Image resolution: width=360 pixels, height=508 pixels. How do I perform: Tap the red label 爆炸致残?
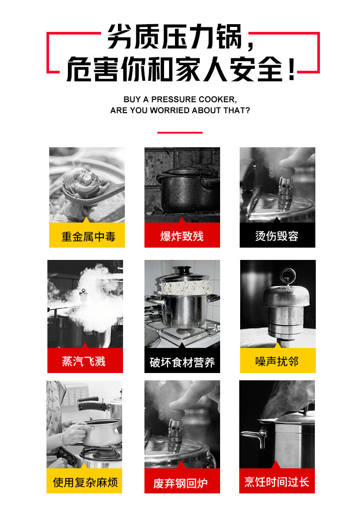tap(182, 235)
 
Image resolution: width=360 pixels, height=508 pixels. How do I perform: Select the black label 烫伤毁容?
tap(277, 235)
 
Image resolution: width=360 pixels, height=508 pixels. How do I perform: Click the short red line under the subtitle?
tap(180, 133)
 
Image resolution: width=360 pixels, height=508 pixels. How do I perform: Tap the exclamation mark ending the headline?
tap(291, 69)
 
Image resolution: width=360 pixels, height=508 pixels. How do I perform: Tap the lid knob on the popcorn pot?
tap(183, 270)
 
